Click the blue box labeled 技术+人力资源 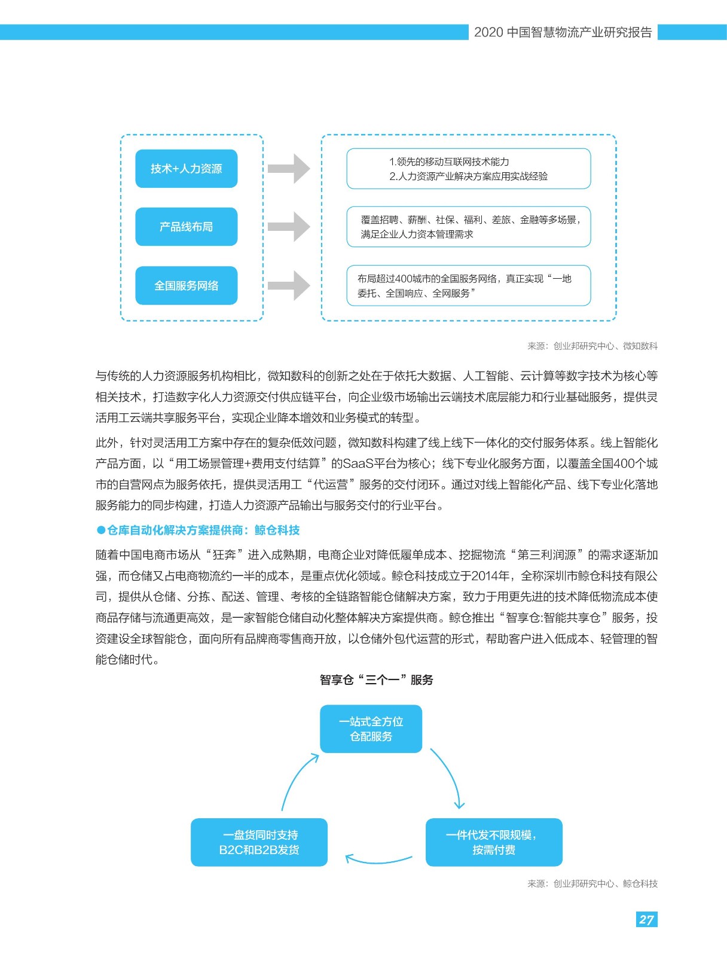(187, 169)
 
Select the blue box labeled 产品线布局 (187, 227)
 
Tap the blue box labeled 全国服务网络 (187, 285)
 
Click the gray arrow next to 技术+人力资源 (289, 169)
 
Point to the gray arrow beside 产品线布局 (289, 227)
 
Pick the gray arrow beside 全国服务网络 (289, 285)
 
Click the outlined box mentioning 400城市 (469, 285)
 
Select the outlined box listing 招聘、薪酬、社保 (469, 227)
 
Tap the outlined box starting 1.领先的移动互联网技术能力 (469, 169)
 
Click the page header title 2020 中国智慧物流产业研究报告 (563, 32)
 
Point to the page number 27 (646, 919)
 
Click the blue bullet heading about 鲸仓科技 (198, 530)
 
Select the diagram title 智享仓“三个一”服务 (376, 679)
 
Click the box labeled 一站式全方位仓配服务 (371, 729)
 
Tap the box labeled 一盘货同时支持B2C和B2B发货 (259, 842)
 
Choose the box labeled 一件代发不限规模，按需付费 (494, 842)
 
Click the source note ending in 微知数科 (592, 346)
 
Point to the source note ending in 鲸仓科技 (592, 884)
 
